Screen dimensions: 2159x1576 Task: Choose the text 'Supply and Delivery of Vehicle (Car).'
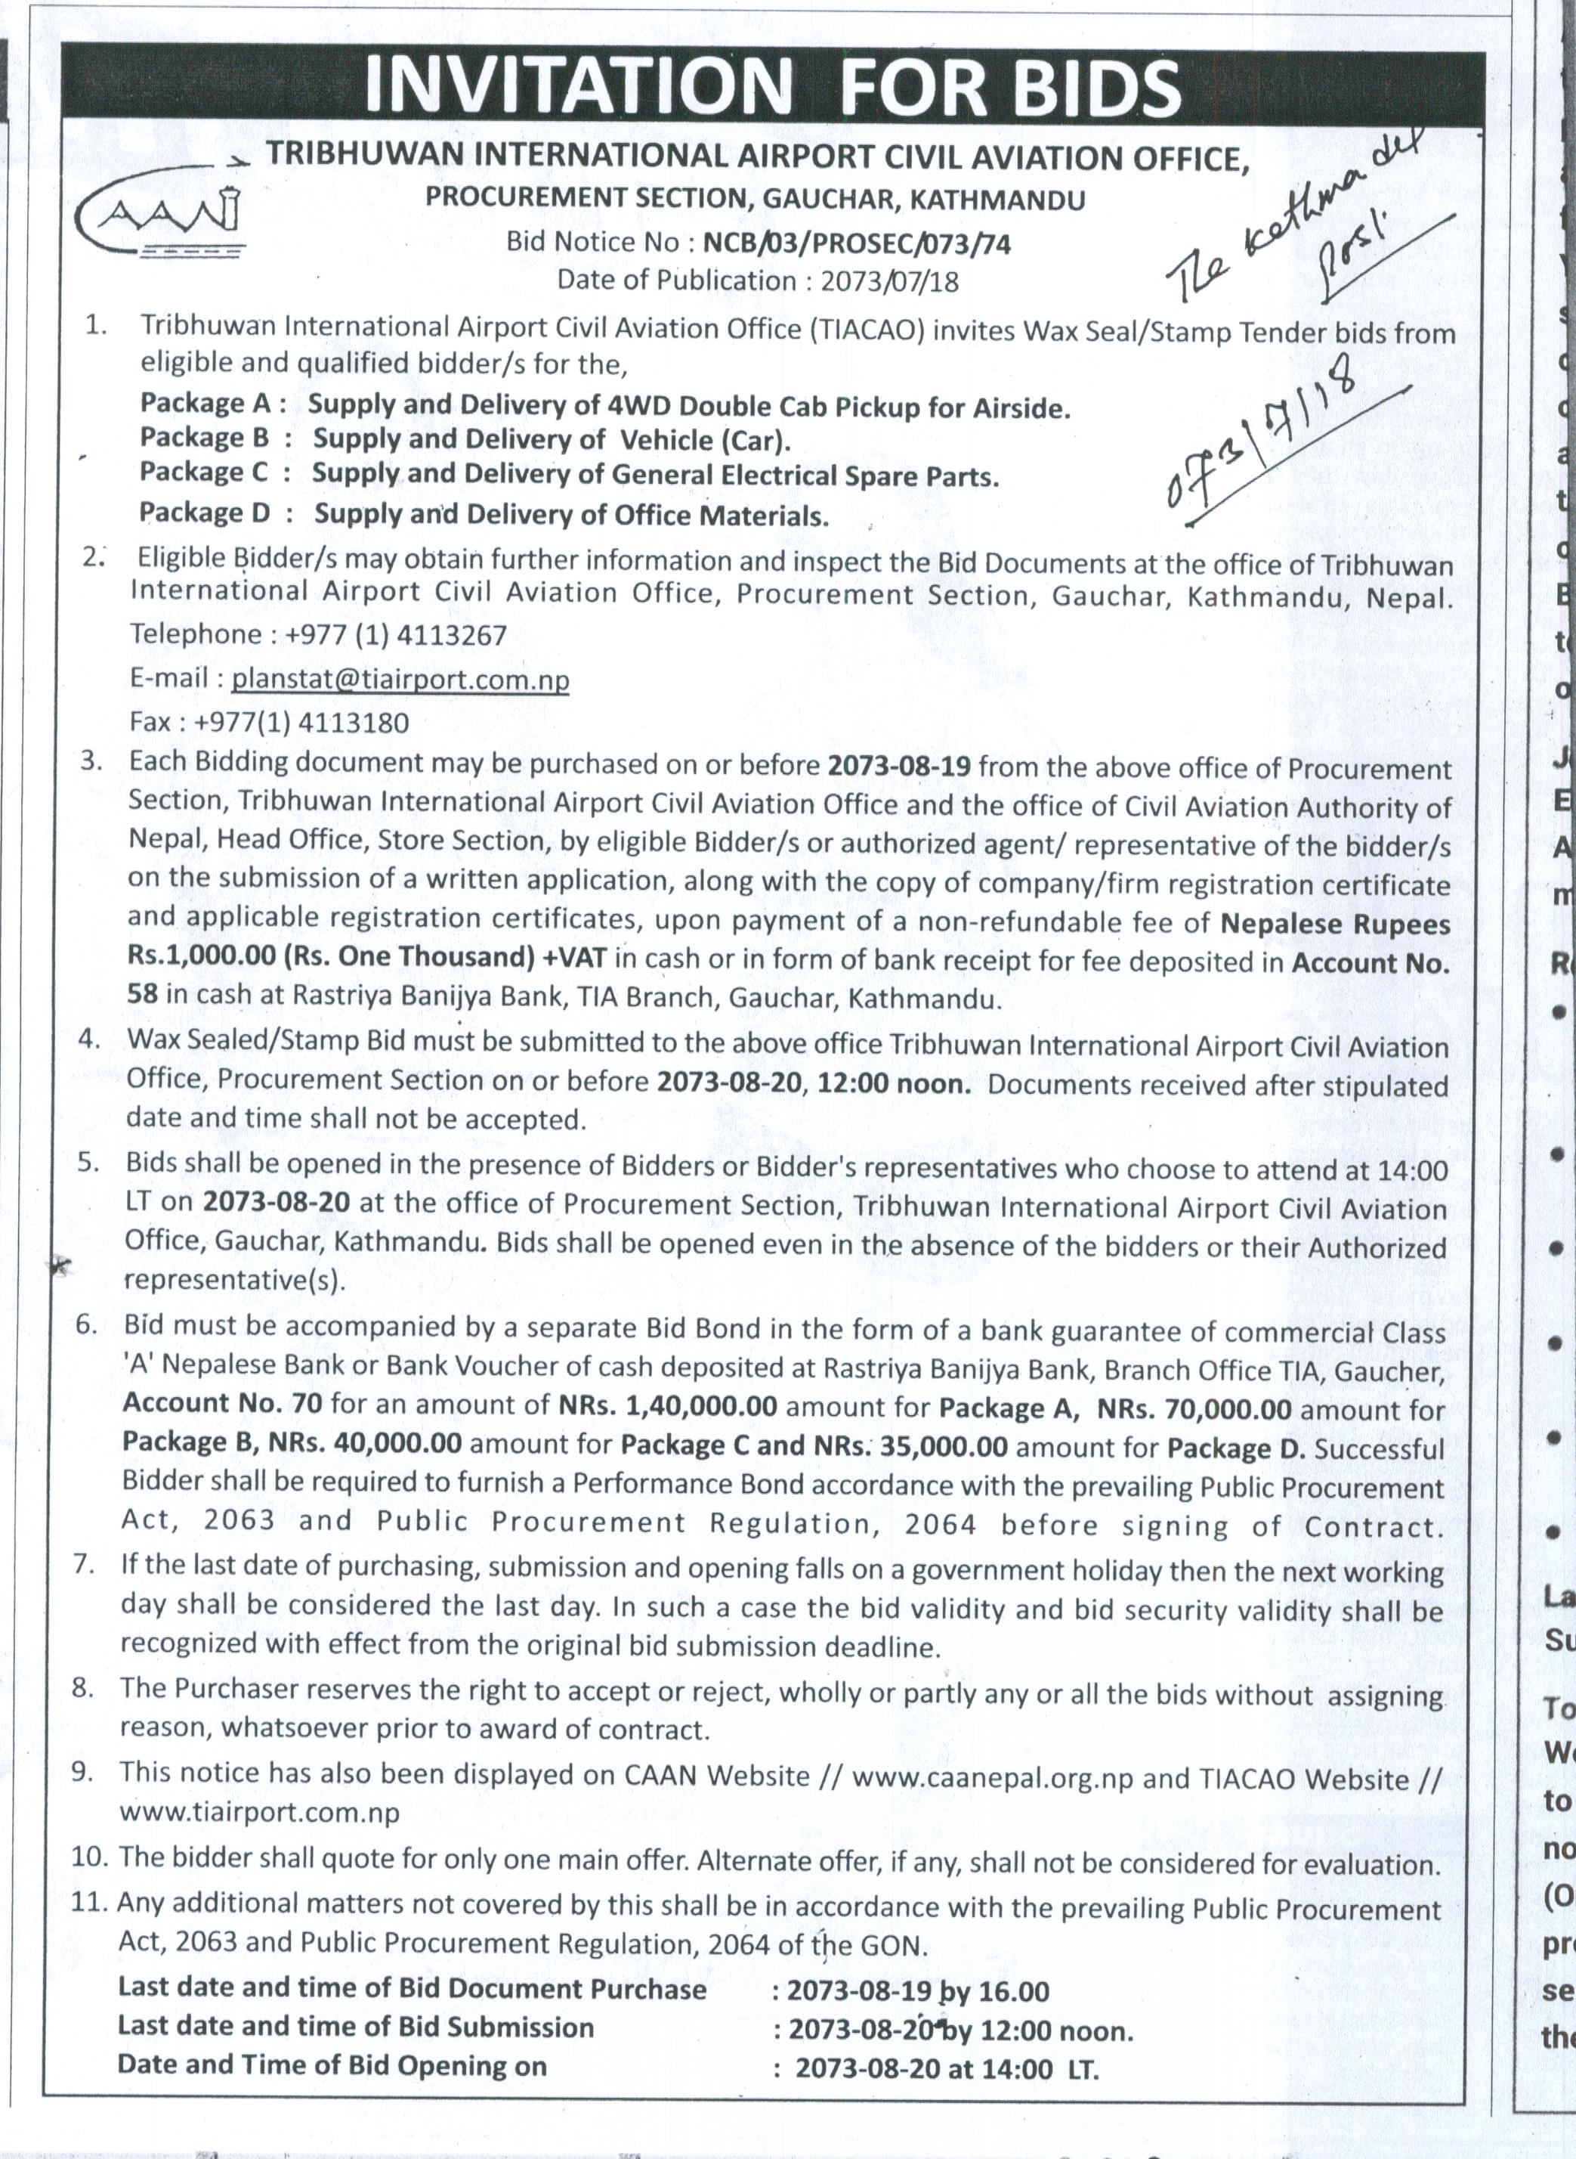point(552,440)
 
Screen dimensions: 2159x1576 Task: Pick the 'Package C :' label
point(215,472)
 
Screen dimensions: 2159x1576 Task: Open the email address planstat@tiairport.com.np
point(400,680)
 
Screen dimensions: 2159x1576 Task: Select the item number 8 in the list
point(83,1689)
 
